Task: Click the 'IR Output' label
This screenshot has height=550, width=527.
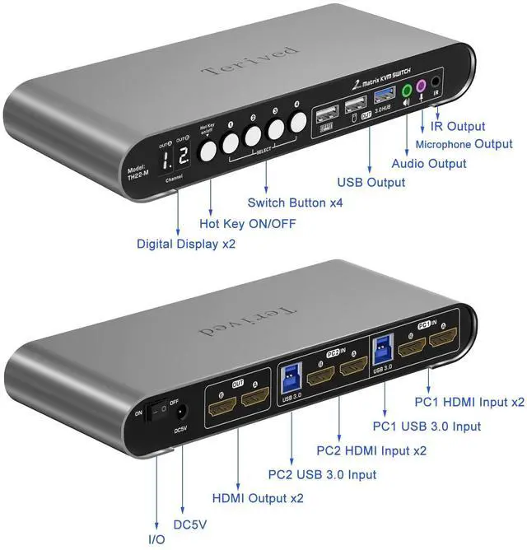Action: [459, 127]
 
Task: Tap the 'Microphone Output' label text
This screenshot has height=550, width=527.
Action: [470, 144]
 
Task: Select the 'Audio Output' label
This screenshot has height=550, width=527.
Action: [428, 163]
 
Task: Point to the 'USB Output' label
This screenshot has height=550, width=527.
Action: [371, 182]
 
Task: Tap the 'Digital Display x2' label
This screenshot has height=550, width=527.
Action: [189, 243]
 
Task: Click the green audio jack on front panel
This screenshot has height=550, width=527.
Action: [405, 88]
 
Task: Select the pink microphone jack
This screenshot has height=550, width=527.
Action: [421, 85]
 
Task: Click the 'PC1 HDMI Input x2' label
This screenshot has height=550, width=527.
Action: [469, 403]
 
